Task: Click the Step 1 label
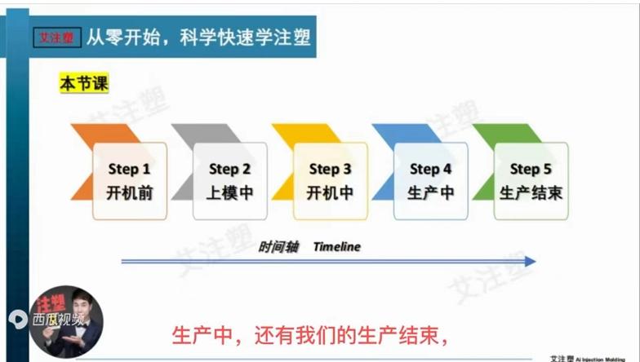tap(129, 170)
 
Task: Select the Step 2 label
tap(229, 170)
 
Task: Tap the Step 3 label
tap(330, 170)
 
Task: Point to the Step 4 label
tap(430, 170)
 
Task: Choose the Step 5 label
tap(531, 170)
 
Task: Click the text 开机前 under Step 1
tap(129, 194)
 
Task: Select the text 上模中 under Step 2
tap(229, 194)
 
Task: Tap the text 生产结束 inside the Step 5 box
tap(531, 194)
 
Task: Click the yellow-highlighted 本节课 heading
tap(84, 83)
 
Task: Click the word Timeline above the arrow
tap(336, 246)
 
